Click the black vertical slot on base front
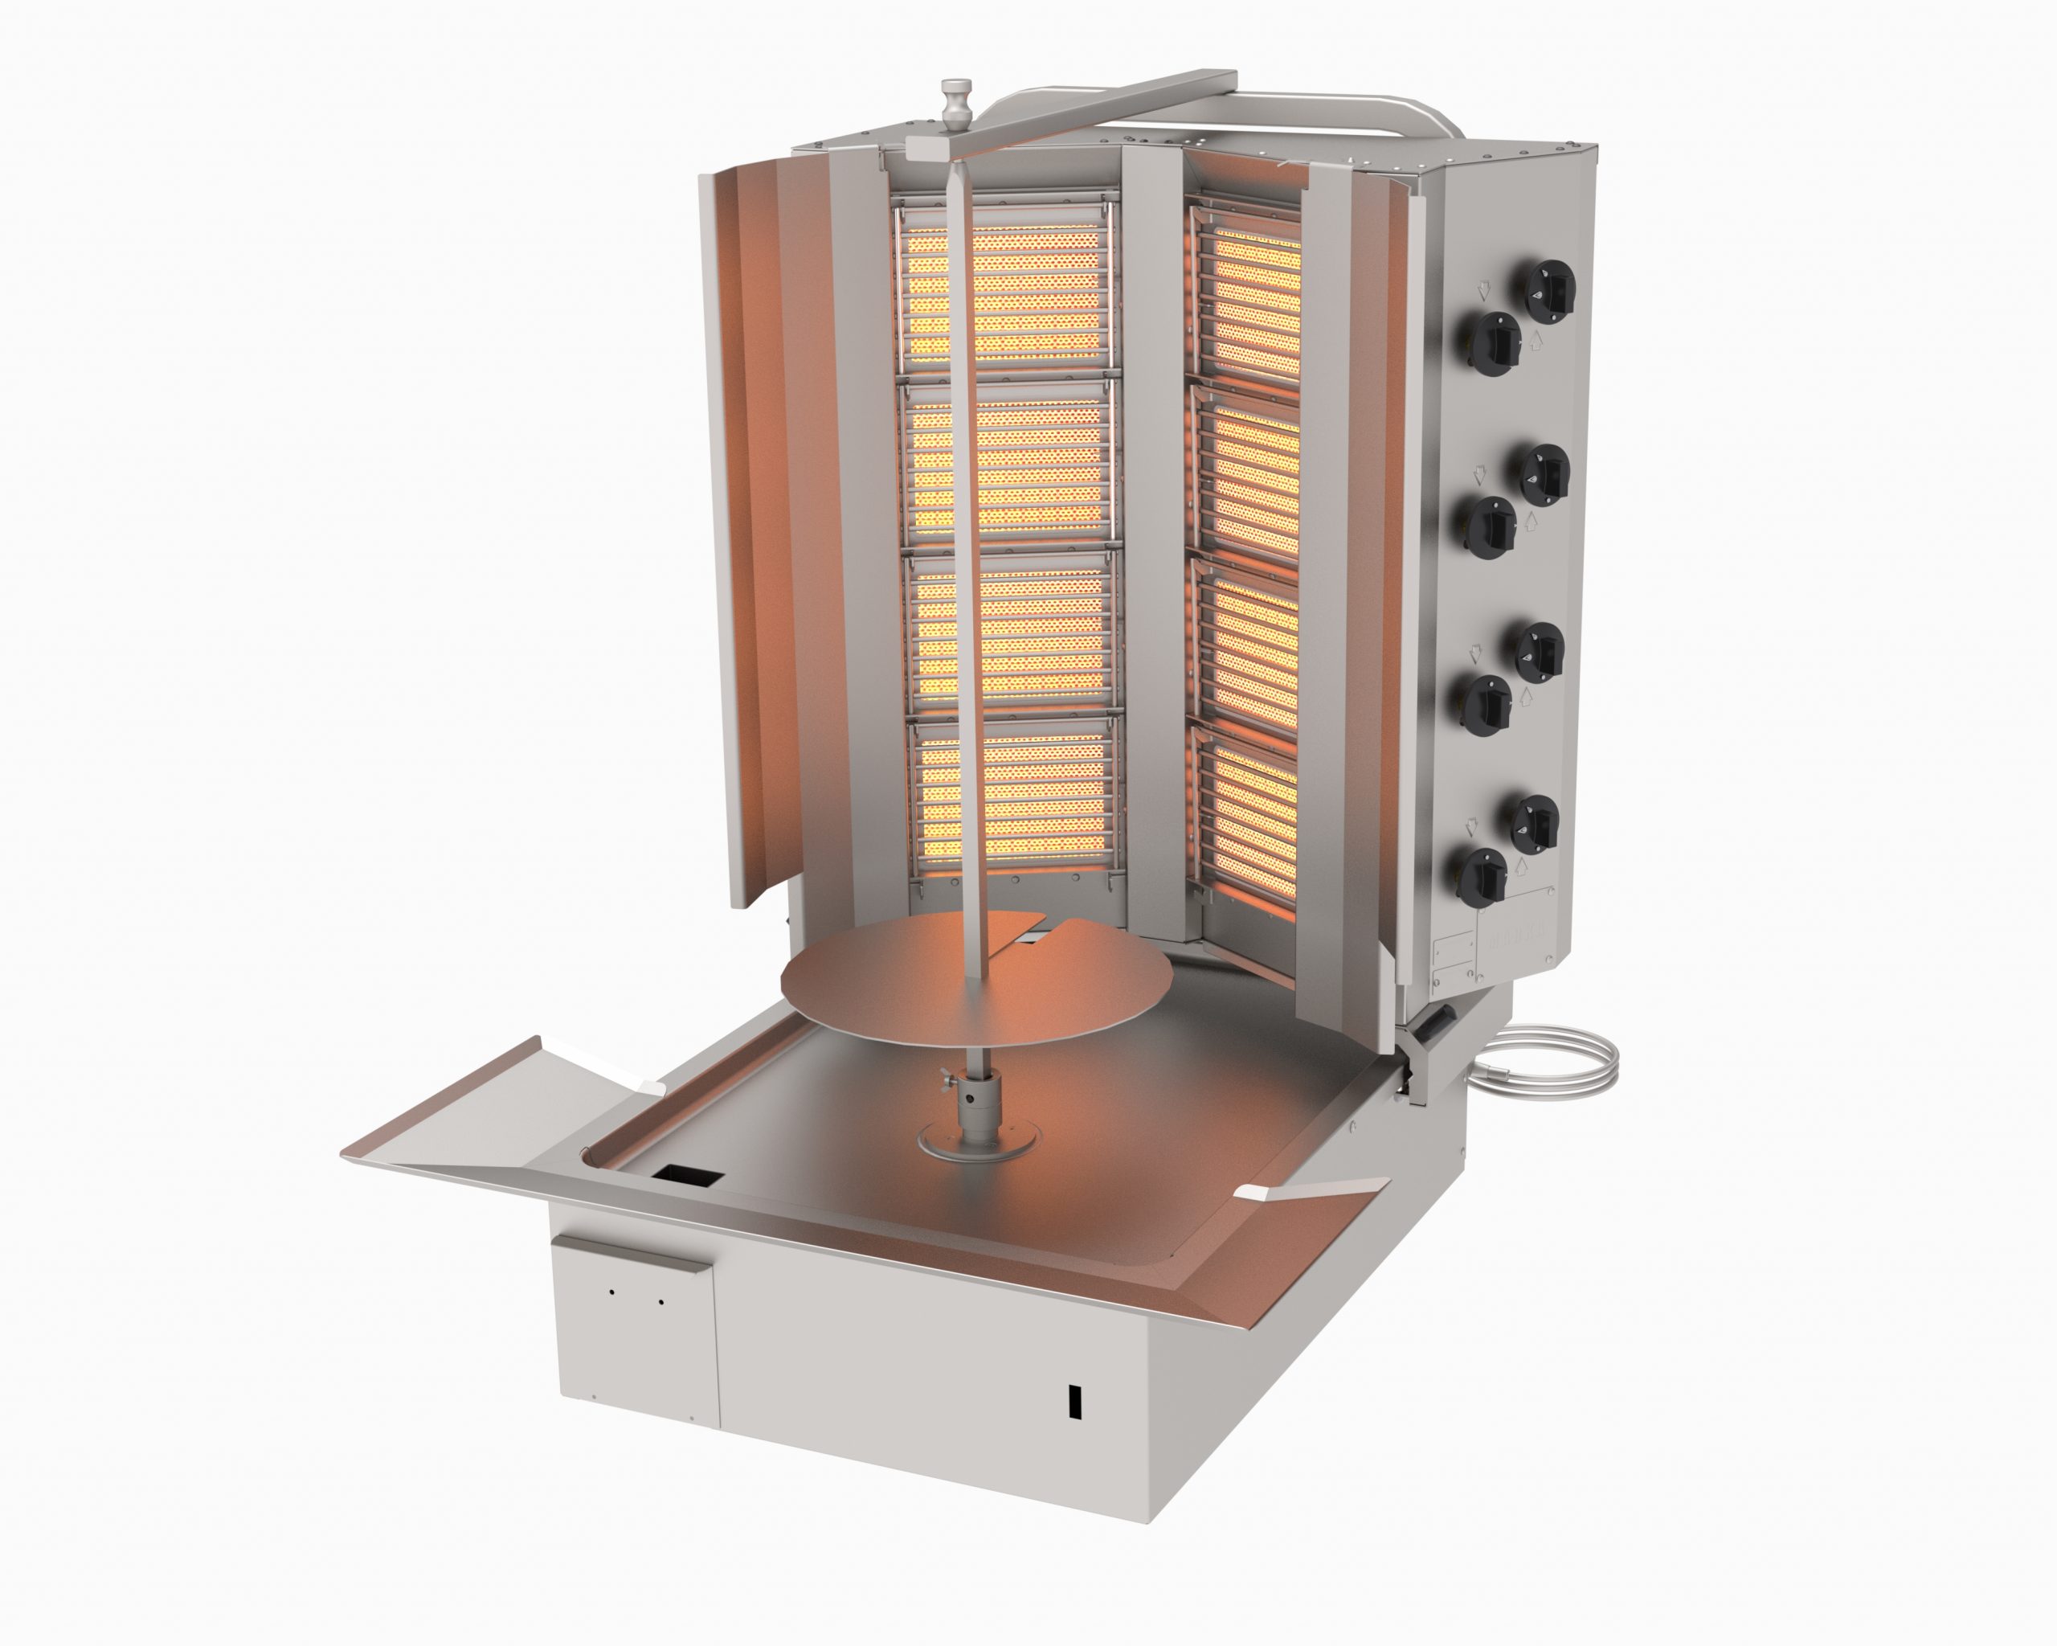1074,1401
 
